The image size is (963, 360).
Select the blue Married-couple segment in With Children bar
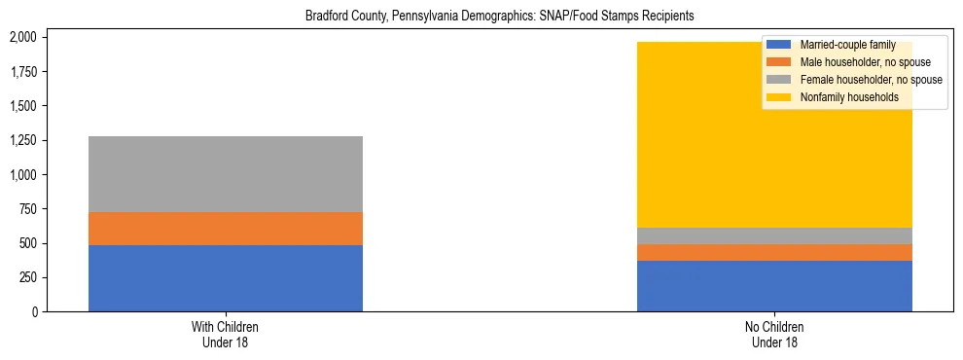click(x=226, y=278)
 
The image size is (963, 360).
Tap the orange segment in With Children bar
click(x=226, y=229)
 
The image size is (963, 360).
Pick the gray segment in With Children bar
click(x=226, y=174)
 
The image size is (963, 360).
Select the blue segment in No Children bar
click(x=774, y=286)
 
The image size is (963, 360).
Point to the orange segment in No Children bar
click(x=774, y=252)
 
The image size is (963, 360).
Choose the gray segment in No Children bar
click(x=774, y=235)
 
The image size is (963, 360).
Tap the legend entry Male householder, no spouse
click(x=863, y=62)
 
